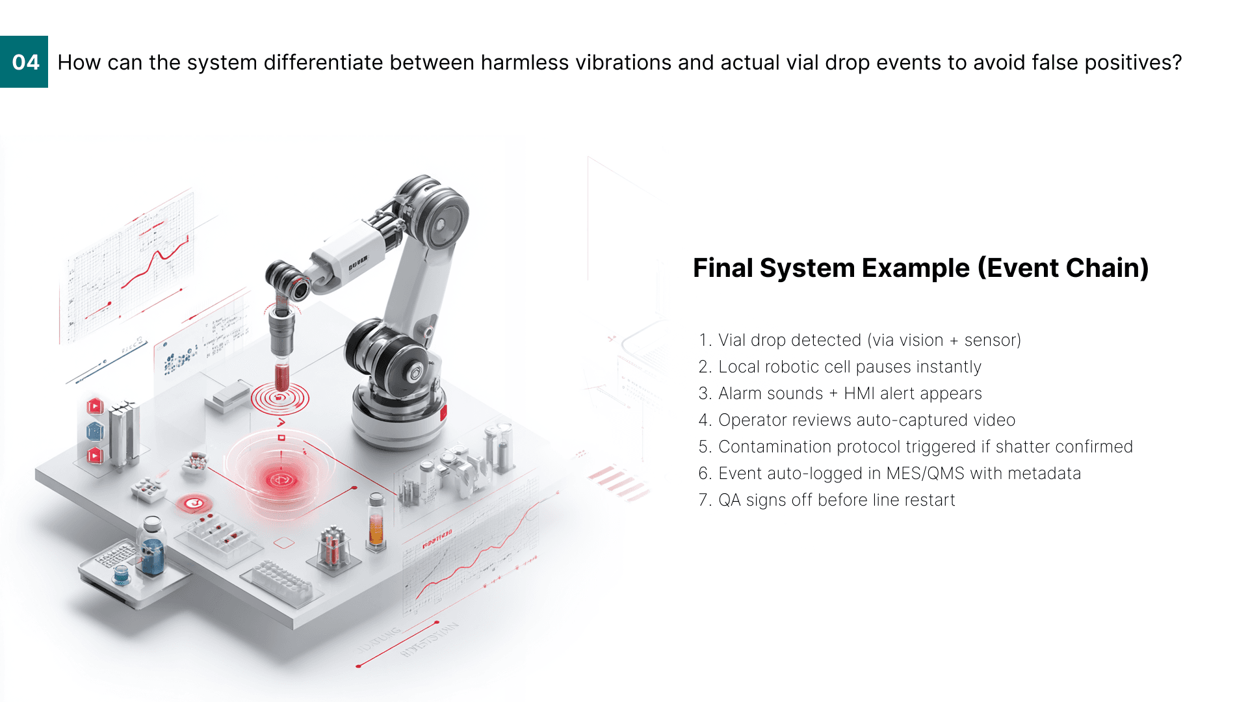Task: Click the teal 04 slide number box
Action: (x=24, y=62)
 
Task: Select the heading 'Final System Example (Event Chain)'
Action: (x=920, y=268)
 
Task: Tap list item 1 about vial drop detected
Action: (x=859, y=340)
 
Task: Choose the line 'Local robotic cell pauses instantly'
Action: (x=840, y=367)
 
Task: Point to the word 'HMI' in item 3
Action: (x=859, y=393)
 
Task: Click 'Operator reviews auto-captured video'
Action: (x=857, y=420)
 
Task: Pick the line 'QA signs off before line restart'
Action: (x=827, y=500)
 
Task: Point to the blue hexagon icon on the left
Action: (x=95, y=431)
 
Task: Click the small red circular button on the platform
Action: (x=193, y=503)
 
